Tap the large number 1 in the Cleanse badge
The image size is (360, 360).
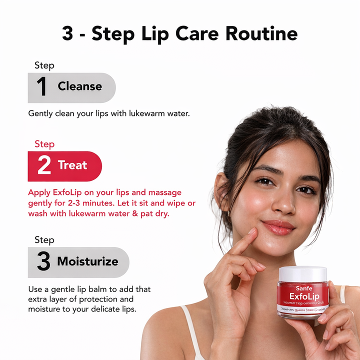(41, 87)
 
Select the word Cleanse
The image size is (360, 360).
(79, 86)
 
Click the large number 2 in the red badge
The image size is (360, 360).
(44, 165)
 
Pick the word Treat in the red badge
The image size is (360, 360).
(72, 165)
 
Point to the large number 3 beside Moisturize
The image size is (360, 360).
(43, 261)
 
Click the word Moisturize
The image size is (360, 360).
(87, 261)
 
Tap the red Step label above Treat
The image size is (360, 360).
(44, 144)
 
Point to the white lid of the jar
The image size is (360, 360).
(302, 273)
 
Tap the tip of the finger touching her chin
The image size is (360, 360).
(253, 231)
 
